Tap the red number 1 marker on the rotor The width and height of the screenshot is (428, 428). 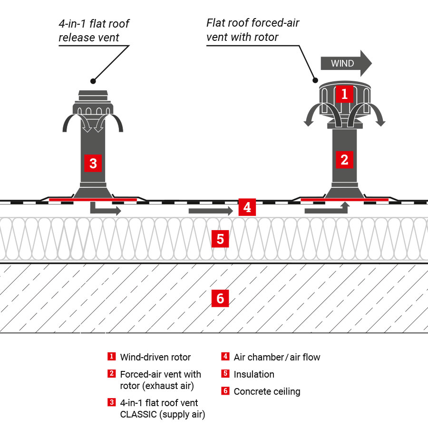(x=344, y=94)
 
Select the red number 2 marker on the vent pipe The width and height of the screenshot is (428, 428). (x=344, y=160)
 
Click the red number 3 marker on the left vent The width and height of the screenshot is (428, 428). (x=93, y=163)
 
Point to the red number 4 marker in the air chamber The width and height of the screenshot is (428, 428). (x=246, y=208)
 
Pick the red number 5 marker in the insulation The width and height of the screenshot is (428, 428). (x=220, y=239)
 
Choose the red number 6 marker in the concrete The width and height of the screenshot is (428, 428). (x=220, y=299)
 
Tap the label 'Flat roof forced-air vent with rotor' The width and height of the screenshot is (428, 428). (x=253, y=30)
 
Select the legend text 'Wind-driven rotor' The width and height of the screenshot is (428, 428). (x=155, y=357)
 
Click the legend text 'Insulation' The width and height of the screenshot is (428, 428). (x=254, y=374)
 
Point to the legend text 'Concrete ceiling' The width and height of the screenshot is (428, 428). (x=267, y=391)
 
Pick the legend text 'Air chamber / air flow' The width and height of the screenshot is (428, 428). (x=277, y=357)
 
